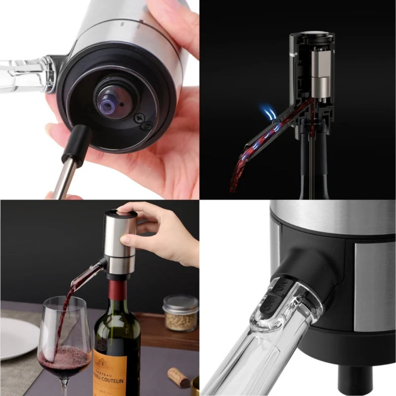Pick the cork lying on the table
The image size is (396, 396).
(179, 377)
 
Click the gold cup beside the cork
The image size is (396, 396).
(195, 386)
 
